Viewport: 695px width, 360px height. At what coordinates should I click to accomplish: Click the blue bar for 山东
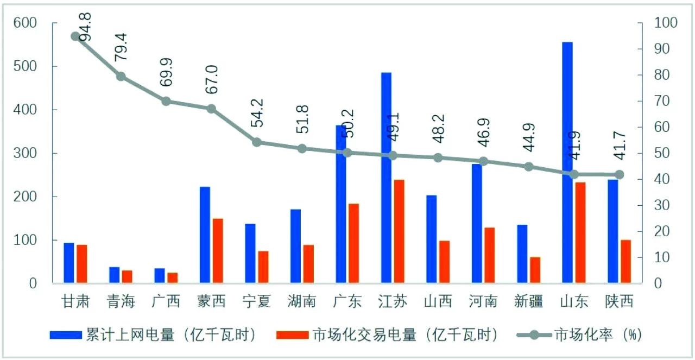pos(567,162)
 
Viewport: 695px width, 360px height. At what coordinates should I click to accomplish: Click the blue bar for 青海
pos(114,275)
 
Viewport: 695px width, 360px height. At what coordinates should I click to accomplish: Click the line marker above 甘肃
pos(75,36)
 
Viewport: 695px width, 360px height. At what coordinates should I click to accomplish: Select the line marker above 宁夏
pos(257,142)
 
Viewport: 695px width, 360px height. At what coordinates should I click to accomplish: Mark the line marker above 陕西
pos(620,175)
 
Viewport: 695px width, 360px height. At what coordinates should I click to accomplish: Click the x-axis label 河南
pos(483,301)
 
